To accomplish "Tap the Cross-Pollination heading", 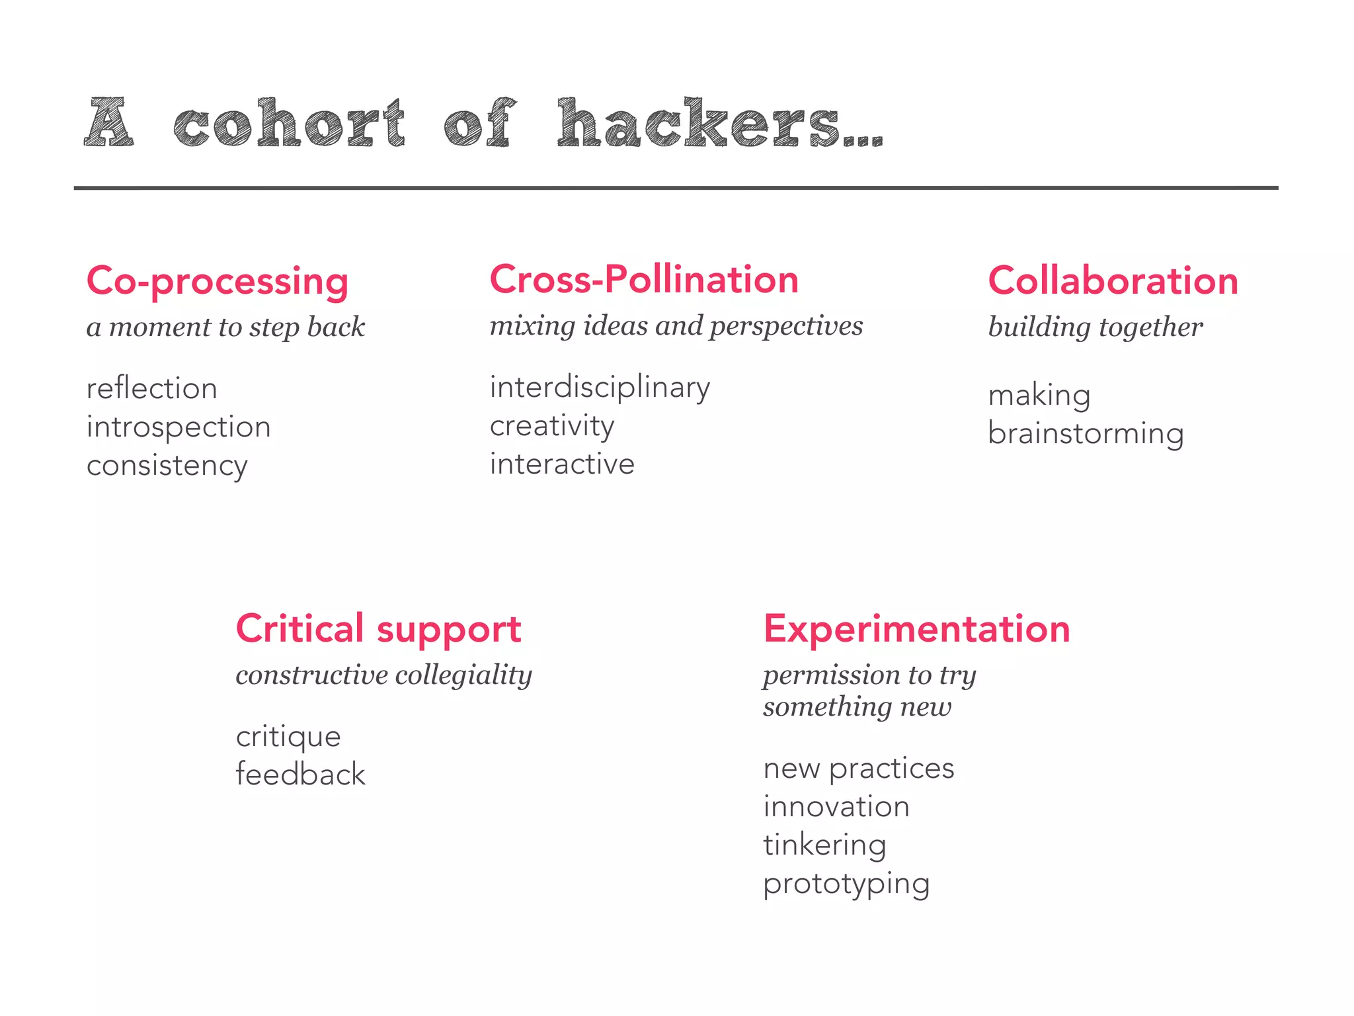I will click(x=644, y=279).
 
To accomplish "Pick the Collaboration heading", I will click(x=1113, y=280).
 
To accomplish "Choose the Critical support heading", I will click(x=378, y=628).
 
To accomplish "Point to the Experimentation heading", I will click(x=916, y=628).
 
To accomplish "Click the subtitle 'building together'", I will click(x=1095, y=327).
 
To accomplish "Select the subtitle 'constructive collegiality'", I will click(x=383, y=675).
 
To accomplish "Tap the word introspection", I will click(x=179, y=427).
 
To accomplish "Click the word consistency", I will click(x=167, y=466).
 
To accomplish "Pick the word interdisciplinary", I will click(x=600, y=388).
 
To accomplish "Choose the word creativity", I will click(x=552, y=426).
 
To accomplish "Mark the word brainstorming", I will click(x=1086, y=434).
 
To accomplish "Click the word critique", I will click(x=288, y=737).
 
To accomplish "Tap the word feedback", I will click(x=300, y=775).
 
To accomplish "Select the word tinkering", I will click(x=824, y=845).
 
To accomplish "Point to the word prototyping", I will click(x=846, y=884).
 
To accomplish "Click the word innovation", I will click(x=836, y=807).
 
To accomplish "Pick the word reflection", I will click(x=151, y=388).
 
